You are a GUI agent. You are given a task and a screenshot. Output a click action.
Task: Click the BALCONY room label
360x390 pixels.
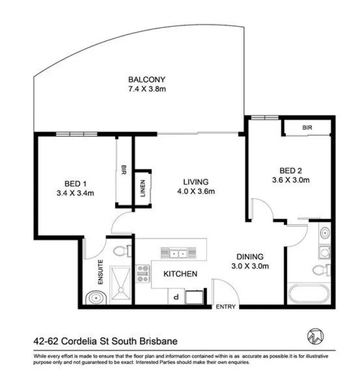(147, 79)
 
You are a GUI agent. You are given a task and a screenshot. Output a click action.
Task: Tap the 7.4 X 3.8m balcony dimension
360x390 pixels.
(147, 89)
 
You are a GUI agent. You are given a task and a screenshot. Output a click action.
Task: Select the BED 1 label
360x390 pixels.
(75, 184)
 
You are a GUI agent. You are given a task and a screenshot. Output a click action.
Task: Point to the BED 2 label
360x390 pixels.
(291, 171)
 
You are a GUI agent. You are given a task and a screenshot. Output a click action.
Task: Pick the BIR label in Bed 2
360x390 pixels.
(307, 127)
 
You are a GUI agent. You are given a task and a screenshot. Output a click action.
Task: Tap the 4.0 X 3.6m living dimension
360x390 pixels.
(196, 191)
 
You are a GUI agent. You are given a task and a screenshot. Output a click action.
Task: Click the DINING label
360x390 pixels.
(250, 256)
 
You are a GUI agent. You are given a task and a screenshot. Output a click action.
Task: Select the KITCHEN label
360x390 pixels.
(180, 274)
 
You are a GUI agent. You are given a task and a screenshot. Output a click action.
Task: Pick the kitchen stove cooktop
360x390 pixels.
(143, 274)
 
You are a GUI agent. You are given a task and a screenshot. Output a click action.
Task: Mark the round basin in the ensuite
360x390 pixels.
(93, 297)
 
